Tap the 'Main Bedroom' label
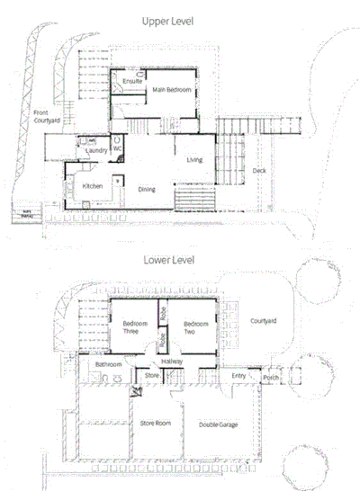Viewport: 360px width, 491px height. pyautogui.click(x=170, y=90)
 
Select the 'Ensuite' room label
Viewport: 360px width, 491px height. pyautogui.click(x=132, y=82)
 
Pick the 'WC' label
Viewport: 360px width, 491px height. pyautogui.click(x=117, y=148)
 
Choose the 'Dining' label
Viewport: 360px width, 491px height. pyautogui.click(x=148, y=189)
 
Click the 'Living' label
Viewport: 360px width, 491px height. pyautogui.click(x=194, y=160)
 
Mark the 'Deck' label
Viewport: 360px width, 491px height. pyautogui.click(x=259, y=170)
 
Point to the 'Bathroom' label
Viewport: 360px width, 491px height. pyautogui.click(x=108, y=364)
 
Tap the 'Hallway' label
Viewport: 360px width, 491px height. pyautogui.click(x=172, y=361)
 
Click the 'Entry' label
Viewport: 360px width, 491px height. pyautogui.click(x=238, y=376)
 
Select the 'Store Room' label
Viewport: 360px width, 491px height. pyautogui.click(x=156, y=422)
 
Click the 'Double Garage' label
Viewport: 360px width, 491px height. pyautogui.click(x=219, y=424)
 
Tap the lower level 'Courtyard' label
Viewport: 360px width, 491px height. pyautogui.click(x=263, y=320)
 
